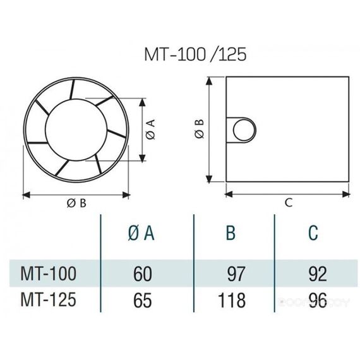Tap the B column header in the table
coord(231,233)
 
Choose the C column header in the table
coord(313,233)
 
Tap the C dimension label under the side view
coord(287,202)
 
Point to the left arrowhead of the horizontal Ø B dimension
coord(25,193)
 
